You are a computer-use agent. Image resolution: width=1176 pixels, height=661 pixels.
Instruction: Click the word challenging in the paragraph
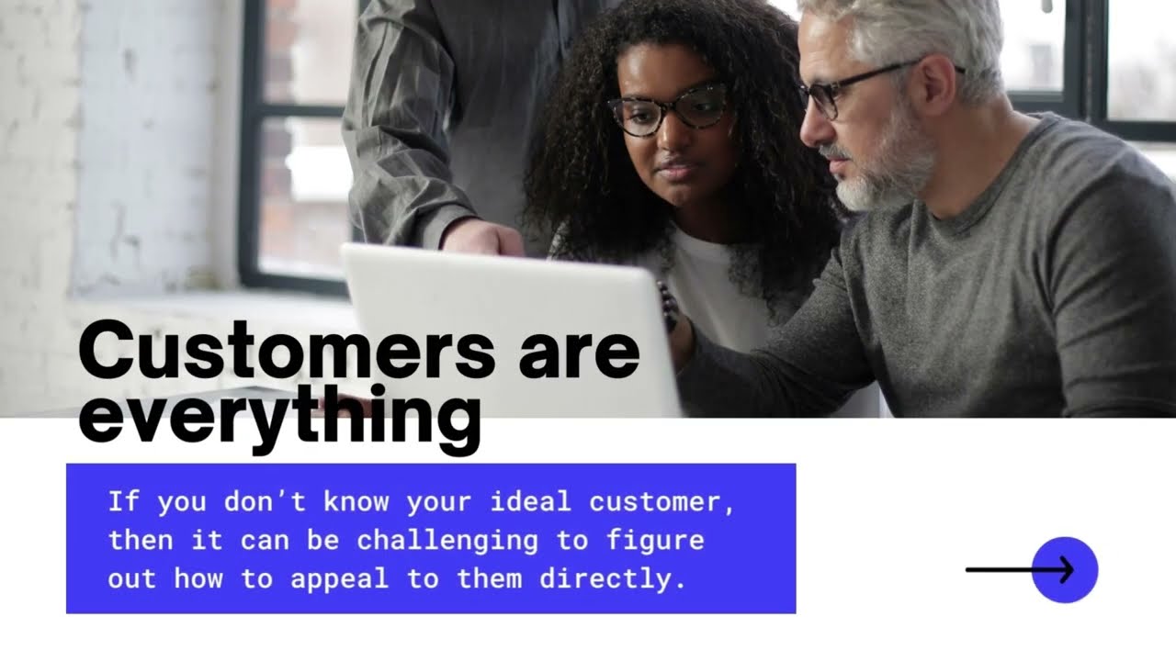coord(447,541)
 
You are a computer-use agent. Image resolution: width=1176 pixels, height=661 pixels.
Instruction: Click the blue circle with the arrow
coord(1065,570)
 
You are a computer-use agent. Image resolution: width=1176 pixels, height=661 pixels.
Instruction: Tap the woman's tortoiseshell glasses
coord(669,110)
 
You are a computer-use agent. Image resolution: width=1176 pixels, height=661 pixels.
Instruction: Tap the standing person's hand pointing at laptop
coord(481,237)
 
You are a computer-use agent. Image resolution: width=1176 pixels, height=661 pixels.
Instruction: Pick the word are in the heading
coord(579,352)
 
